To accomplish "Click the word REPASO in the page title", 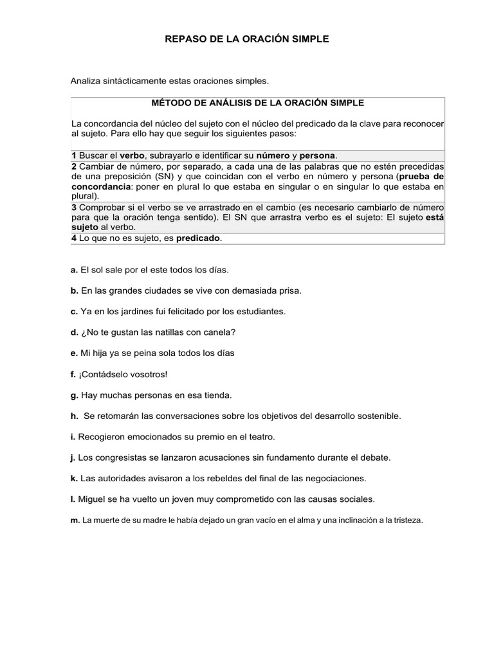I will coord(185,39).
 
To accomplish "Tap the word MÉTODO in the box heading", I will coord(169,102).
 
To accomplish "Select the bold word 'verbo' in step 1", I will coord(133,156).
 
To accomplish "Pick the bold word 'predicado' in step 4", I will coord(198,238).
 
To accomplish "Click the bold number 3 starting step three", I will coord(74,208).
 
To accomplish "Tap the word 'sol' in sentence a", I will coord(96,270).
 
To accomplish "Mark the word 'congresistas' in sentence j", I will coord(119,458).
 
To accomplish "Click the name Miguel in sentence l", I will coord(91,499).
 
